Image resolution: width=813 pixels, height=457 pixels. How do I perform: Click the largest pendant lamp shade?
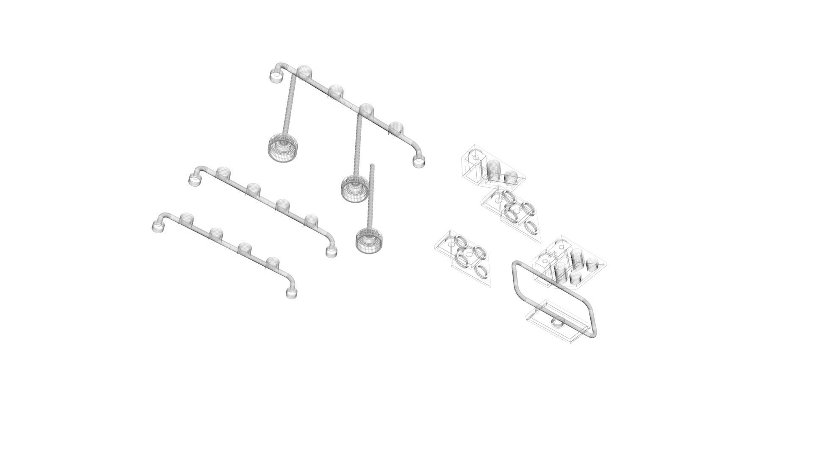pos(283,149)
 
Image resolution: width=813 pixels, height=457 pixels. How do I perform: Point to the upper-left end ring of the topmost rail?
pos(276,77)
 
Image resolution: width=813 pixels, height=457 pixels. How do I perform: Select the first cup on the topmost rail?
pos(304,72)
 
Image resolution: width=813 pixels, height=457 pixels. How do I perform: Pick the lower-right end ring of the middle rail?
pos(331,252)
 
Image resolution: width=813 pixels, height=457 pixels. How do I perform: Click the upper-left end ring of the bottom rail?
pos(158,227)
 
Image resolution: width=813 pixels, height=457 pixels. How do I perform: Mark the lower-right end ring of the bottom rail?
pos(291,293)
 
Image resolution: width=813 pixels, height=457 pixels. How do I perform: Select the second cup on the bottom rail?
pos(216,234)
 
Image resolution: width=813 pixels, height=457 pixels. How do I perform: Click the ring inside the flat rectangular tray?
pos(558,324)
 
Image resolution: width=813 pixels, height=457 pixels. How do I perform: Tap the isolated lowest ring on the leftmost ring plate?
pos(481,271)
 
